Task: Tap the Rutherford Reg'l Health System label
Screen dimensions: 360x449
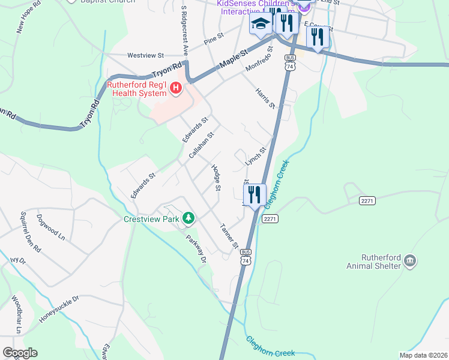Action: [x=137, y=89]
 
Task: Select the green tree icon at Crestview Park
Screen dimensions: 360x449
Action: [x=188, y=217]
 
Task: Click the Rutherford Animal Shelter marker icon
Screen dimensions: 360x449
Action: [x=411, y=260]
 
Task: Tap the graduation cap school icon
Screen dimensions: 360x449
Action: [x=261, y=25]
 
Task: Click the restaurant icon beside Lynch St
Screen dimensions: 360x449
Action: [x=255, y=194]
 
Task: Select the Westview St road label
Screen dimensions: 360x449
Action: [x=145, y=55]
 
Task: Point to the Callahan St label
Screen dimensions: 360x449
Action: [x=201, y=146]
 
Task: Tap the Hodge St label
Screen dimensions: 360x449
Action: [x=217, y=178]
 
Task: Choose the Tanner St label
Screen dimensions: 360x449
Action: [x=229, y=236]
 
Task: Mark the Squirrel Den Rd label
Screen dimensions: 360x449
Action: [x=28, y=230]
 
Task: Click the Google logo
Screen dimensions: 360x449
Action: [x=20, y=352]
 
